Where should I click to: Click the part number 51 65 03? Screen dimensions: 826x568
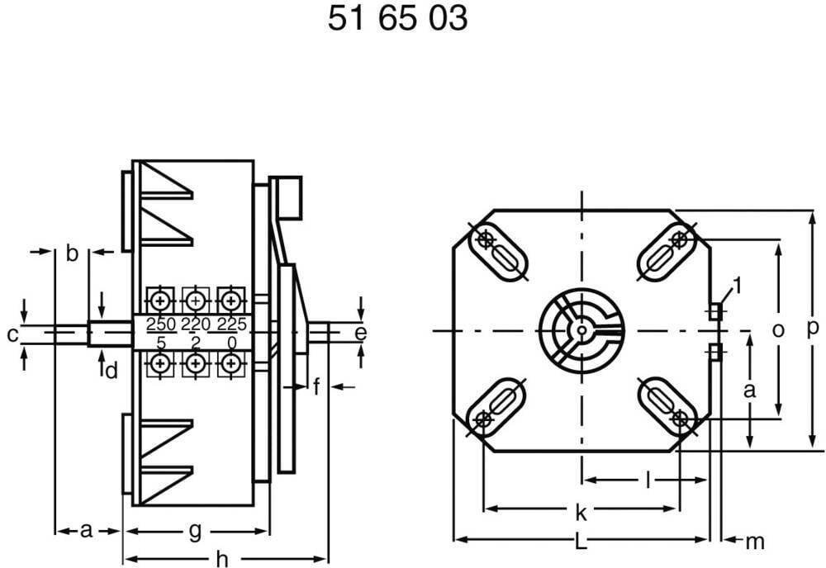398,18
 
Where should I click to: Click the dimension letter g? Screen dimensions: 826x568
196,532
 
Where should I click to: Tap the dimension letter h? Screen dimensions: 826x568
223,560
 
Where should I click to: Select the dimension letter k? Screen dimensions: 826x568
581,512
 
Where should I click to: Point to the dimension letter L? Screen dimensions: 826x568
580,542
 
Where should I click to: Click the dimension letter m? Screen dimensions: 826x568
755,542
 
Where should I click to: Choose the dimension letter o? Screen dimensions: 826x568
777,330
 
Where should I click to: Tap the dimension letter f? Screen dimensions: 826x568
316,386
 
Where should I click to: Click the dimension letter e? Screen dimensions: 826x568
361,333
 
